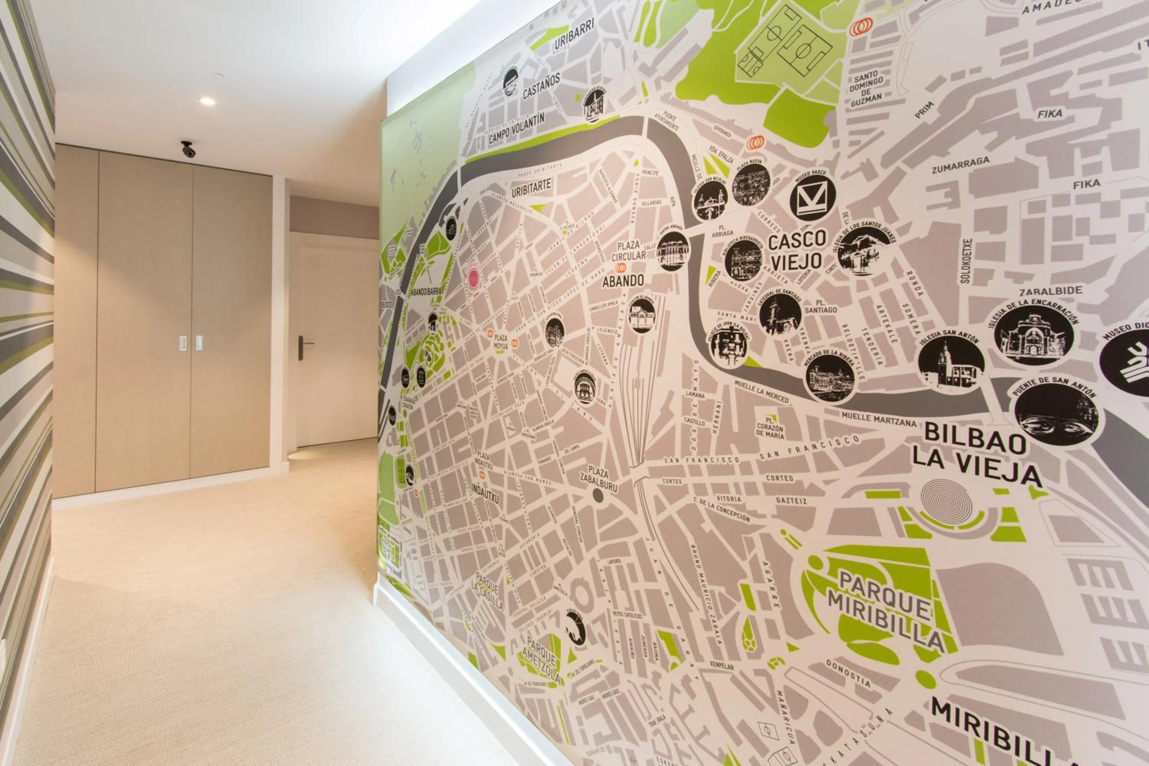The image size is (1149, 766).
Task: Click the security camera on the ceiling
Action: point(188,149)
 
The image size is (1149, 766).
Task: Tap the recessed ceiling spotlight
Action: point(207,101)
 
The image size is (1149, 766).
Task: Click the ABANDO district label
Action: point(623,281)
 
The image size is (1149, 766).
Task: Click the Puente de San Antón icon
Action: point(1056,414)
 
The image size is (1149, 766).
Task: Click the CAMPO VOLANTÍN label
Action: point(516,128)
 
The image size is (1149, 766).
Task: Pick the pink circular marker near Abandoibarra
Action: point(473,278)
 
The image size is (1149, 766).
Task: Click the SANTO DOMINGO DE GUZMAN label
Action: point(867,90)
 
